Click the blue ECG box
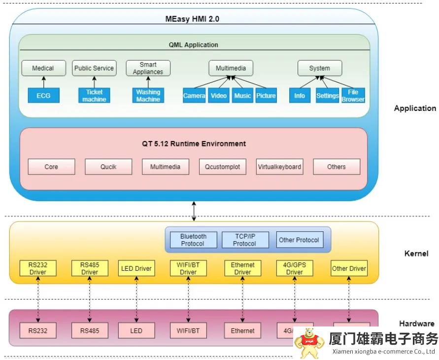[43, 95]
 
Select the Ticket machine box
[94, 95]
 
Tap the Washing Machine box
[148, 95]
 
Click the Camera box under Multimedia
[194, 95]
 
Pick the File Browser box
[353, 95]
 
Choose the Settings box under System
[327, 95]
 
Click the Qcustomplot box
[223, 167]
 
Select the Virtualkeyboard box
[279, 167]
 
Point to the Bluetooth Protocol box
[193, 240]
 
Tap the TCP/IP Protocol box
[244, 240]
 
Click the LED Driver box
[136, 268]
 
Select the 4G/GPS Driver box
[295, 268]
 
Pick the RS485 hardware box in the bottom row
[90, 330]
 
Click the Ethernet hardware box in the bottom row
[243, 330]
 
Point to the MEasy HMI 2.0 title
[192, 19]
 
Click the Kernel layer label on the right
[416, 253]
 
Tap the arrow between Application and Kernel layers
[194, 211]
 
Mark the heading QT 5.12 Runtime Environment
[194, 144]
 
